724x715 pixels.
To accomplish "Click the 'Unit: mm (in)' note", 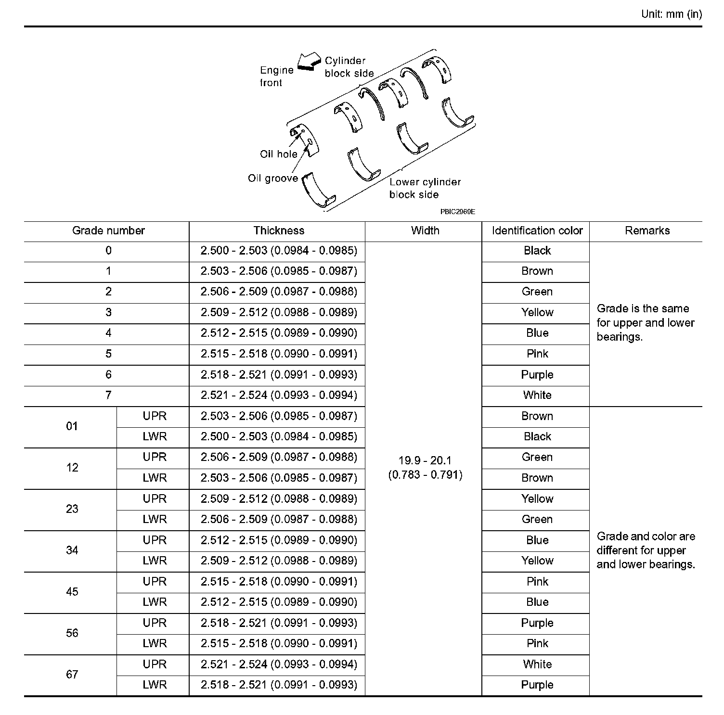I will [x=671, y=14].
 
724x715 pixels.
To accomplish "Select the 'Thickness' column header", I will [x=279, y=230].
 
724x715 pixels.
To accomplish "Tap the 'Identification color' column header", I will [x=537, y=230].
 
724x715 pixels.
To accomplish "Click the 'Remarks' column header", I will [x=647, y=230].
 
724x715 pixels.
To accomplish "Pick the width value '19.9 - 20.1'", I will [x=425, y=460].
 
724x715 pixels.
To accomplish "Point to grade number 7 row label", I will [x=108, y=395].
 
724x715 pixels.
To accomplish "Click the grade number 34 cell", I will [x=72, y=550].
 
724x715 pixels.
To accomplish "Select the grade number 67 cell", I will [x=72, y=674].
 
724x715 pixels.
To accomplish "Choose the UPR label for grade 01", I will [x=154, y=416].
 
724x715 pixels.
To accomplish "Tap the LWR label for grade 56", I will [x=154, y=643].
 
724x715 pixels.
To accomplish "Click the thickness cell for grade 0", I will [x=279, y=250].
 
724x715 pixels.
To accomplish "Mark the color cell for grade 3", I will [x=537, y=312].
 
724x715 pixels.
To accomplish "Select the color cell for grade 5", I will [x=537, y=354].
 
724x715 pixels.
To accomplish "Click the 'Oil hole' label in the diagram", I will [x=278, y=154].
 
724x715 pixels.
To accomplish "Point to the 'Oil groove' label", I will [x=272, y=178].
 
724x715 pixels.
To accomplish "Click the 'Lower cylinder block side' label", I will [x=425, y=188].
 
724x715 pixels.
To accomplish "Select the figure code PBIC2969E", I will [x=457, y=211].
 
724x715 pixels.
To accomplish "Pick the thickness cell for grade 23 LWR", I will [x=279, y=519].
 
